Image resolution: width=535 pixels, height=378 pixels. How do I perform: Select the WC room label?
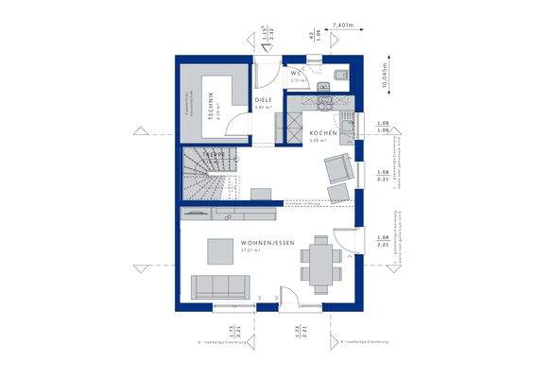[x=295, y=72]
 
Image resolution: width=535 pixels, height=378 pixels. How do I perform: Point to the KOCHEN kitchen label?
[x=323, y=133]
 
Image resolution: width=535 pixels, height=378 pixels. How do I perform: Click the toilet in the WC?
[x=341, y=73]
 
